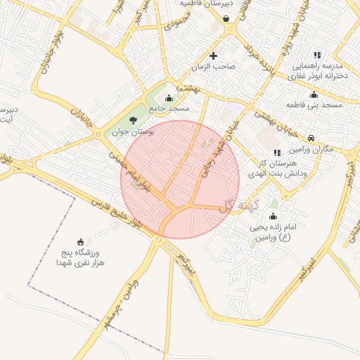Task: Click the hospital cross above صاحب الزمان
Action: [213, 56]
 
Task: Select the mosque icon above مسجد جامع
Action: [169, 98]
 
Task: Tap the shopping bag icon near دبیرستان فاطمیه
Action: [226, 18]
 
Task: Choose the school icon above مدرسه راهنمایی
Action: [316, 55]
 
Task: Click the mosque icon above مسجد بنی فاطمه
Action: [314, 95]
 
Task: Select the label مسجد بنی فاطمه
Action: [314, 105]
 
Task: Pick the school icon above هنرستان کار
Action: [277, 153]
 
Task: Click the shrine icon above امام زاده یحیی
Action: [273, 216]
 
